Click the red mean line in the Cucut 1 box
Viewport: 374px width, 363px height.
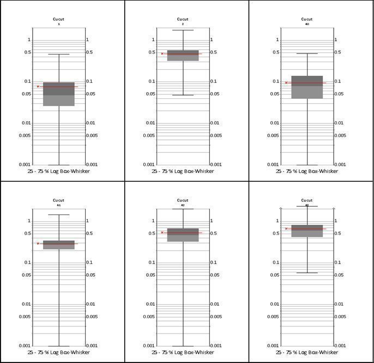click(59, 86)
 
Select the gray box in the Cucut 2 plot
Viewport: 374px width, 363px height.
click(183, 55)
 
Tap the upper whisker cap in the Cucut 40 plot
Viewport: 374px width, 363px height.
click(307, 53)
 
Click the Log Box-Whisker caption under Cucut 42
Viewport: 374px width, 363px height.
click(183, 353)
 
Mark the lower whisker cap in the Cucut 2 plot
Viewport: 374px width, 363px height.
click(183, 95)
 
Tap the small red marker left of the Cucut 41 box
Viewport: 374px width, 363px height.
click(38, 243)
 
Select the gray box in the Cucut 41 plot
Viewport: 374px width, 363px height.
click(59, 245)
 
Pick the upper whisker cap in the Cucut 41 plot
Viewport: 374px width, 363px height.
click(59, 215)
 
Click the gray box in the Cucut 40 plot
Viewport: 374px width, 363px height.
click(307, 87)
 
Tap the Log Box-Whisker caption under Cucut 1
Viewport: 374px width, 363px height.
click(59, 171)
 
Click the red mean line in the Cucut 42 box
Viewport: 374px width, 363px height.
click(183, 233)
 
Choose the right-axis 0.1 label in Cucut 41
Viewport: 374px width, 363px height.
click(91, 263)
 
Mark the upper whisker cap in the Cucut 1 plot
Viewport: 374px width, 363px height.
click(59, 54)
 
